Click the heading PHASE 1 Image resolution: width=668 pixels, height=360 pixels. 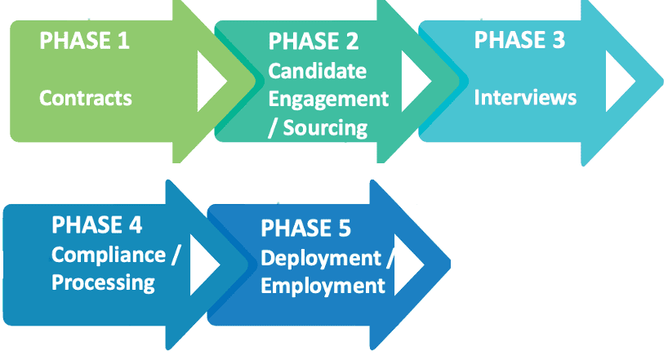[85, 40]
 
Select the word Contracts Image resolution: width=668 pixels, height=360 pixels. [86, 99]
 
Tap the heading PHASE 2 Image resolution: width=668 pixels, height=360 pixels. [314, 41]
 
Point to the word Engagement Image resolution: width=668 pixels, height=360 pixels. [328, 99]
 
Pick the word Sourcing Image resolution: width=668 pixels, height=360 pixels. [325, 127]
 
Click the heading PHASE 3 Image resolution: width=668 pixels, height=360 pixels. [519, 40]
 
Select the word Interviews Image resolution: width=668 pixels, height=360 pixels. [525, 98]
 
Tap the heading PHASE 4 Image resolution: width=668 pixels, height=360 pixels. [97, 224]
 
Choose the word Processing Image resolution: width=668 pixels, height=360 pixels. [103, 282]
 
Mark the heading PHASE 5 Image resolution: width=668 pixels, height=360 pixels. [306, 229]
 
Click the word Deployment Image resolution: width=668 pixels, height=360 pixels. [321, 258]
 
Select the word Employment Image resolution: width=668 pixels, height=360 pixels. [323, 286]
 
